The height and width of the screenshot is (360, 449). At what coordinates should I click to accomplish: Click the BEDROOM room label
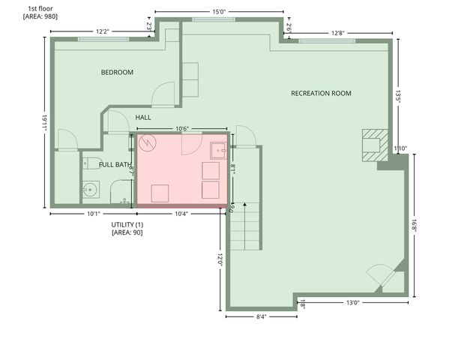point(117,72)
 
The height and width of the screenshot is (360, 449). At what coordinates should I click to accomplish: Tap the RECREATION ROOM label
point(321,93)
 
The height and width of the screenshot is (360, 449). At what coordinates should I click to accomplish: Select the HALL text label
point(143,118)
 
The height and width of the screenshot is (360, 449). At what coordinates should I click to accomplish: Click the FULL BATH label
point(115,163)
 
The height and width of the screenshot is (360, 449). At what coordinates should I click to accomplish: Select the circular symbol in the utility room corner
point(148,141)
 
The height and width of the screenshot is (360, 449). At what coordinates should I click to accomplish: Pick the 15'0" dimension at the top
point(219,11)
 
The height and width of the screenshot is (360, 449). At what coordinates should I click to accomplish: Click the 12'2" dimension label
point(105,31)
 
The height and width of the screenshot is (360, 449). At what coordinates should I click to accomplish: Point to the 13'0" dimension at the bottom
point(351,302)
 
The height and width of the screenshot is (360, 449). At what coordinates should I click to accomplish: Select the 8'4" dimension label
point(262,316)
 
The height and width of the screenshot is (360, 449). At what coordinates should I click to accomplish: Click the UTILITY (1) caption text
point(127,225)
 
